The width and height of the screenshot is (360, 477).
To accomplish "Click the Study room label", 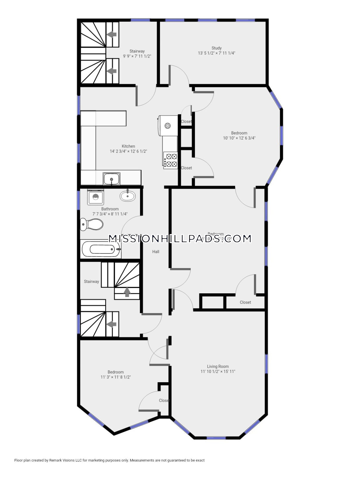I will (x=217, y=48).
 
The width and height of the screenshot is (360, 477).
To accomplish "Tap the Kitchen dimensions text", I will (x=128, y=151).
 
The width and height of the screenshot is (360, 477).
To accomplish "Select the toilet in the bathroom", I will (x=91, y=224).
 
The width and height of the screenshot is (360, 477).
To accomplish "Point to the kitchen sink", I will (x=112, y=179).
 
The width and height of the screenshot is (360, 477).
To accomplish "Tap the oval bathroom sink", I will (x=128, y=196).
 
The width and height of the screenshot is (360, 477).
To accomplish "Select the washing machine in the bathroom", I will (x=96, y=197).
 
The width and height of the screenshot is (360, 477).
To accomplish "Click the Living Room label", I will (x=218, y=366).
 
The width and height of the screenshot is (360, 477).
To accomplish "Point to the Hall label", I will (x=156, y=252).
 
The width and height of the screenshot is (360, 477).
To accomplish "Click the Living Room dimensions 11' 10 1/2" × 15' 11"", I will (x=218, y=371).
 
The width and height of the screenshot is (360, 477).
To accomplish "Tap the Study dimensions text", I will (x=217, y=53).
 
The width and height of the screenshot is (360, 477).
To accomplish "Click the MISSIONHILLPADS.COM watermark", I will (x=180, y=238).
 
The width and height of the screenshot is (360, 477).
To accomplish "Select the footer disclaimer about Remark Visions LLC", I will (x=109, y=460).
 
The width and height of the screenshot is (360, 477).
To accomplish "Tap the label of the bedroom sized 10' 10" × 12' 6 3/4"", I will (x=239, y=133).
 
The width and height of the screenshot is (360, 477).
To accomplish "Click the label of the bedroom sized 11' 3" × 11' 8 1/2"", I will (x=116, y=372).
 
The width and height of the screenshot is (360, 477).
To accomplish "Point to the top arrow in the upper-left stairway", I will (x=112, y=35).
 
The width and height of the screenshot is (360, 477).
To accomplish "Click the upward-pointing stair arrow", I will (x=127, y=292).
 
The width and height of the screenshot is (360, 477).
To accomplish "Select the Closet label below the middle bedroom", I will (x=245, y=302).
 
